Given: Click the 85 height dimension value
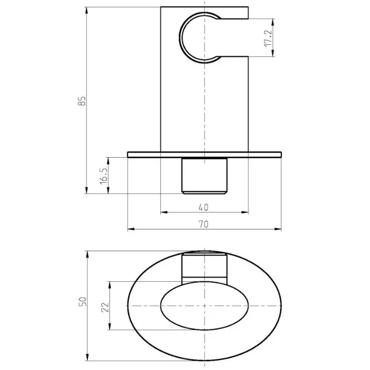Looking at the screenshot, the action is [x=82, y=101].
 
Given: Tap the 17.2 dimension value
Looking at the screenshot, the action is [x=268, y=38].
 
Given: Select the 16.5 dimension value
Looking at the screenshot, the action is [x=104, y=176].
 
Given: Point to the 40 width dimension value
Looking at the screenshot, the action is [x=203, y=207].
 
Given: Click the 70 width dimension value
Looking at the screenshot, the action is [x=203, y=224].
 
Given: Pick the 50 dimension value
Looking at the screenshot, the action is [x=83, y=302].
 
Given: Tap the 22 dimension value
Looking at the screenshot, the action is [x=105, y=307].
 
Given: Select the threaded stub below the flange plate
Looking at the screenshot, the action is [x=204, y=176].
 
